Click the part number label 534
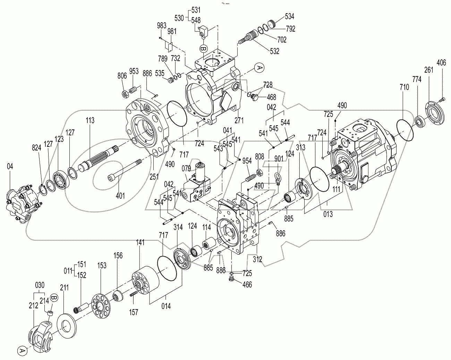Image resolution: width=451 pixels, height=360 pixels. tap(289, 16)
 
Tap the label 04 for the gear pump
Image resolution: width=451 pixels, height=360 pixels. tap(10, 167)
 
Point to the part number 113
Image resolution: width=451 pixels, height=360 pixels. tap(90, 121)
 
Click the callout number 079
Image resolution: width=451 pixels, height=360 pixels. tap(187, 169)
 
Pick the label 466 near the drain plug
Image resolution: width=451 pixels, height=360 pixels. tap(247, 285)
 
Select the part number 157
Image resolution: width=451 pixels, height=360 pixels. tap(133, 312)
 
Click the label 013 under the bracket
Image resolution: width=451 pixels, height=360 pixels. tap(327, 214)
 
